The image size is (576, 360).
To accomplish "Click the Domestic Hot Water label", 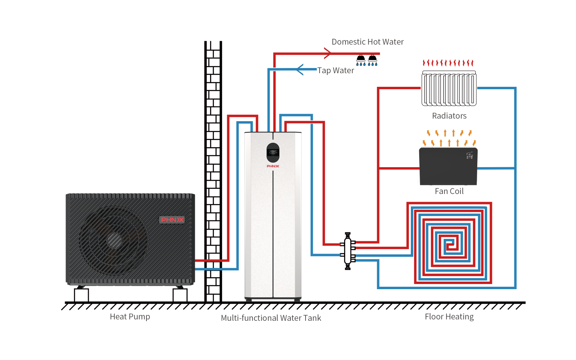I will pyautogui.click(x=368, y=42).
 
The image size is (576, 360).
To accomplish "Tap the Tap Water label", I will pyautogui.click(x=336, y=71).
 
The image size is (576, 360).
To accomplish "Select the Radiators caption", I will pyautogui.click(x=449, y=116).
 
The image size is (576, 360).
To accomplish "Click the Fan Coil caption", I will pyautogui.click(x=449, y=192).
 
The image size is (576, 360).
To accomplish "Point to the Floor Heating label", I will pyautogui.click(x=449, y=317).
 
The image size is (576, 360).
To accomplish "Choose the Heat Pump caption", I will pyautogui.click(x=130, y=317).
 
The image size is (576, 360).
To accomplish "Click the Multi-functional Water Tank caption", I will pyautogui.click(x=271, y=318).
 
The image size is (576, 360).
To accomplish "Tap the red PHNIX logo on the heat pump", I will pyautogui.click(x=172, y=220).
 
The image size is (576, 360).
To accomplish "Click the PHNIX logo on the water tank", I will pyautogui.click(x=273, y=166).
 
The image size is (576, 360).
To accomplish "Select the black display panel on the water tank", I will pyautogui.click(x=273, y=153).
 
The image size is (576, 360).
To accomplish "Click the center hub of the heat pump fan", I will pyautogui.click(x=114, y=240).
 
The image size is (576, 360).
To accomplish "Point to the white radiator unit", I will pyautogui.click(x=449, y=89).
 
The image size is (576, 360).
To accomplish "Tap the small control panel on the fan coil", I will pyautogui.click(x=470, y=156).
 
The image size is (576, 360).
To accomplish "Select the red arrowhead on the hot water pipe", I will pyautogui.click(x=328, y=53).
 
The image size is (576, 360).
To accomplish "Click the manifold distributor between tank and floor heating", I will pyautogui.click(x=348, y=251).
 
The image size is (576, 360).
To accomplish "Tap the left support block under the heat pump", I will pyautogui.click(x=81, y=295).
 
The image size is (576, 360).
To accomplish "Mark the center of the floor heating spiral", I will pyautogui.click(x=450, y=245).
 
